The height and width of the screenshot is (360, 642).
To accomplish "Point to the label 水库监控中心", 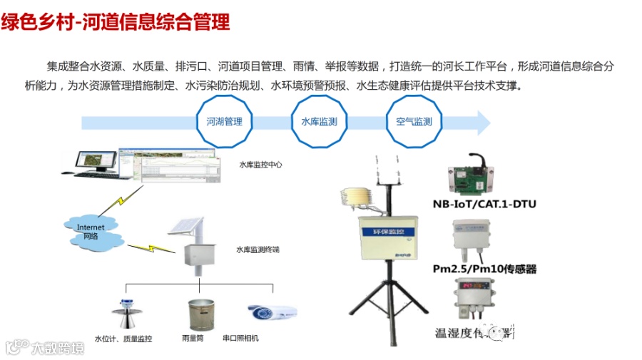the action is coord(260,165).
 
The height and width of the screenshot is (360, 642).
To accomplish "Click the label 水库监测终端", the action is coord(258,250).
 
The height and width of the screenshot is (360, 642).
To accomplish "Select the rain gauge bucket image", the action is coord(200,314).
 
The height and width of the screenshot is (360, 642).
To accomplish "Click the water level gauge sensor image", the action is coord(124,314).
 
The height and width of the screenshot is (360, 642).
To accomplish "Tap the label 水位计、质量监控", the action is coord(123,339).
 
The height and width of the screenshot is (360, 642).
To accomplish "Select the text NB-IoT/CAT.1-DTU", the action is coord(484,205).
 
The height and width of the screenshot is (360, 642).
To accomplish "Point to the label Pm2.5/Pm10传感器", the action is coord(484,269).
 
